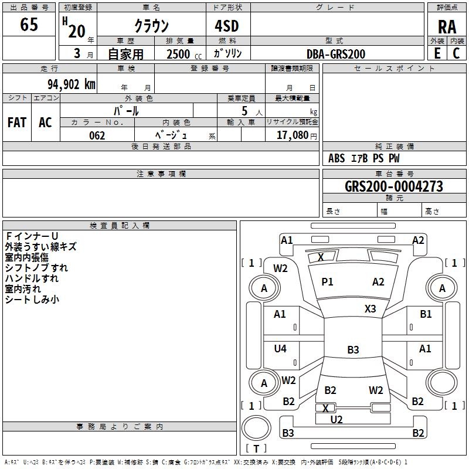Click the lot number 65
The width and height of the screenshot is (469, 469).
[x=29, y=25]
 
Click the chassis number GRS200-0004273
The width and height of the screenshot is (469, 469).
[x=394, y=187]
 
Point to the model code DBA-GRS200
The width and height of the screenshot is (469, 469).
[x=336, y=54]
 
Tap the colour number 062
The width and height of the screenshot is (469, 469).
[x=97, y=135]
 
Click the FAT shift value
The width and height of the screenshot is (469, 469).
[x=17, y=123]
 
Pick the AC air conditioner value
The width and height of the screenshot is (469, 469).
[x=45, y=123]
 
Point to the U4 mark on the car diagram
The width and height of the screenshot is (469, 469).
[x=280, y=349]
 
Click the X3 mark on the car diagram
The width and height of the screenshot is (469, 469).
[x=371, y=308]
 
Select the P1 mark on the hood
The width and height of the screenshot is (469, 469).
[x=327, y=282]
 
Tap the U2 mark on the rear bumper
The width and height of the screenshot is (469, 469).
[x=337, y=419]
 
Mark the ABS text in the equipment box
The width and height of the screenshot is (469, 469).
[x=337, y=158]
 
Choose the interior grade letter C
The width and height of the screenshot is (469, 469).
[x=457, y=53]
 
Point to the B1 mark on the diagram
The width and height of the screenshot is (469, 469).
[x=426, y=314]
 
